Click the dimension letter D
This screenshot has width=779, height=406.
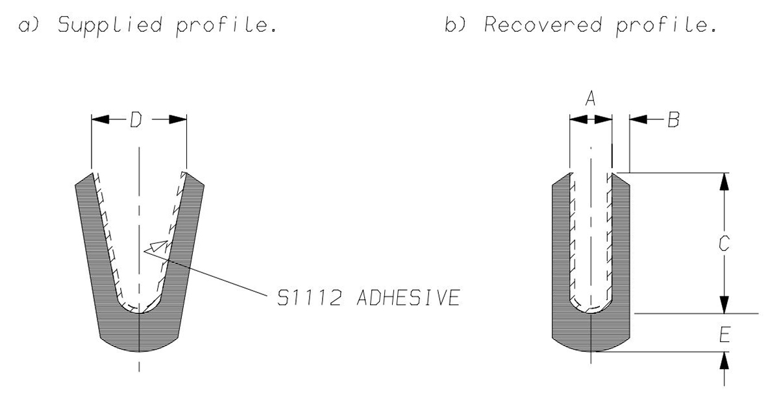(x=136, y=119)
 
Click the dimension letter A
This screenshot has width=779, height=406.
(x=590, y=98)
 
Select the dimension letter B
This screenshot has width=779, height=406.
(x=674, y=119)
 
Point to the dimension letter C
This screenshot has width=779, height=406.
(x=724, y=243)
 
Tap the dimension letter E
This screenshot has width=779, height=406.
(x=724, y=335)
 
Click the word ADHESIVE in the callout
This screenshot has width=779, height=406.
(x=408, y=298)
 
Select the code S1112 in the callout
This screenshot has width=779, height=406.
(x=309, y=298)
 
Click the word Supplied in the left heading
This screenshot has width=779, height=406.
(x=110, y=25)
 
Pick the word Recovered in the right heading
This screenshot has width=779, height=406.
(x=543, y=25)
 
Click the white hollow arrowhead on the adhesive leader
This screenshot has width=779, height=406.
(x=159, y=246)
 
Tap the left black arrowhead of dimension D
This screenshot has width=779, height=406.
(x=100, y=119)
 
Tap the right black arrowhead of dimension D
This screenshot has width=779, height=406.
(x=178, y=119)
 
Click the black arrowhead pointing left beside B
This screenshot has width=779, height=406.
(x=638, y=119)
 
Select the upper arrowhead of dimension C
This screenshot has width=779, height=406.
(x=724, y=182)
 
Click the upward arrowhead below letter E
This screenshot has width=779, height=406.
(x=724, y=361)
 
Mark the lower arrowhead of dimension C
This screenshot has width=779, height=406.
(x=724, y=305)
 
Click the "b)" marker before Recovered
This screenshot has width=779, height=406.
(x=455, y=25)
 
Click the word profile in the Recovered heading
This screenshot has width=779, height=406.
(x=666, y=26)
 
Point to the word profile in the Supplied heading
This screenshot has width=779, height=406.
(x=227, y=26)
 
